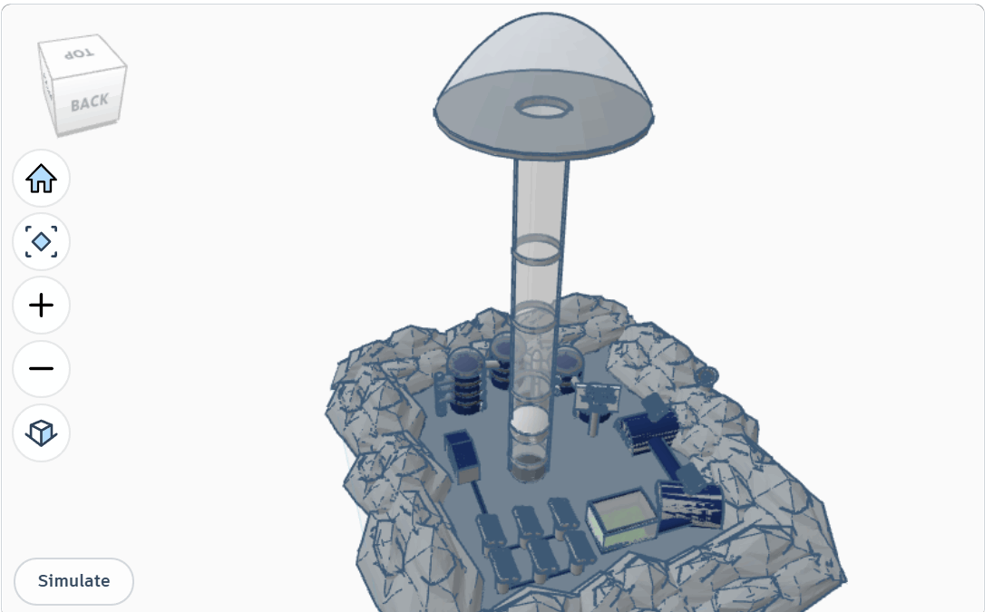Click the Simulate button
73,581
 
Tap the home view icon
41,179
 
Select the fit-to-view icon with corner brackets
41,242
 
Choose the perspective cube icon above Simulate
41,432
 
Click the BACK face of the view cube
90,102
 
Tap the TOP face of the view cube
79,53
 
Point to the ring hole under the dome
544,108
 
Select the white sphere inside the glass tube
530,422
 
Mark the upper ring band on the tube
536,249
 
